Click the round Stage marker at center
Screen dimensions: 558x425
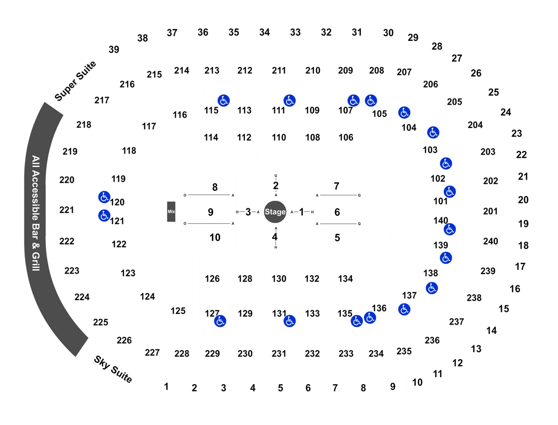coord(275,212)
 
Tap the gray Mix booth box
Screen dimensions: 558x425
coord(171,211)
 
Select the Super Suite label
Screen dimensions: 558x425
coord(75,81)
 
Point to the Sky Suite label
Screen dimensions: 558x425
coord(113,369)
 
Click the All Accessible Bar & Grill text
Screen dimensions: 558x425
coord(36,213)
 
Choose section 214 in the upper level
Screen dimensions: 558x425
coord(182,71)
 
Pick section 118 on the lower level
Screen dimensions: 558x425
coord(129,151)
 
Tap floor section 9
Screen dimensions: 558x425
coord(210,212)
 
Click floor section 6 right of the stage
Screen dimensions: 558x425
coord(337,212)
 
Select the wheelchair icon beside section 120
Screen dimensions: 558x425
coord(104,197)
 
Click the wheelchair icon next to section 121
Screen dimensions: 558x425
coord(104,216)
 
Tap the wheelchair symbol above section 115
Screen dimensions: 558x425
coord(224,100)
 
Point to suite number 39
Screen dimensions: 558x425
coord(114,49)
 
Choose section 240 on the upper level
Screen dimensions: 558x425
coord(491,241)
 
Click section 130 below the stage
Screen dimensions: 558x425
coord(279,279)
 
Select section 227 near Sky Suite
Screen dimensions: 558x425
coord(153,352)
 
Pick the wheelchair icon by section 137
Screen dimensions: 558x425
coord(404,309)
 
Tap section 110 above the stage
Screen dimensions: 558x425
coord(279,137)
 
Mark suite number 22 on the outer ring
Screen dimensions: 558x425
coord(521,155)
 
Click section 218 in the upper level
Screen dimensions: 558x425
coord(83,125)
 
